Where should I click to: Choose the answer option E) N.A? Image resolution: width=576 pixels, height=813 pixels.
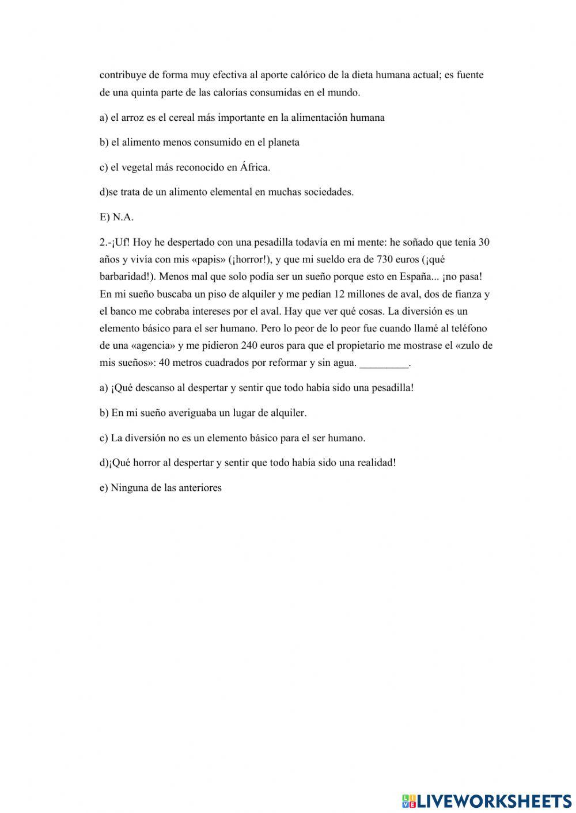tap(116, 217)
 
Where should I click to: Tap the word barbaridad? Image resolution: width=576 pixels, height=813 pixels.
tap(123, 277)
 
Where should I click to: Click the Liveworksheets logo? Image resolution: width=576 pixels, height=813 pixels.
tap(486, 800)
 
